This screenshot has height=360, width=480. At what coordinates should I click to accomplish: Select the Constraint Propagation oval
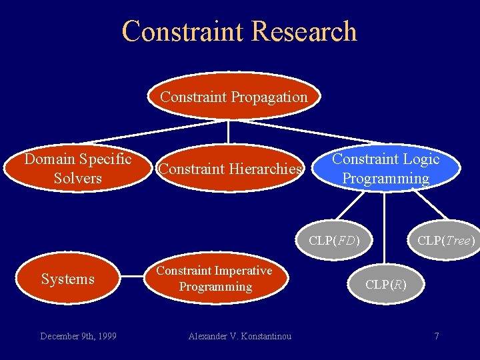tap(233, 97)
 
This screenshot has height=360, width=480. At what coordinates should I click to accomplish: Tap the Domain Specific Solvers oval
tap(78, 169)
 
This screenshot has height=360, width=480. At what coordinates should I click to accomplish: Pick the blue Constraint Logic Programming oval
tap(386, 169)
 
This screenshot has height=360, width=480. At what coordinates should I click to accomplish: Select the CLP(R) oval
tap(385, 285)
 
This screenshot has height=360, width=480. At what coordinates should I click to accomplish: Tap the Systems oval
tap(68, 279)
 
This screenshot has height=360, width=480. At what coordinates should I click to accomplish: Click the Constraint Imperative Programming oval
tap(214, 279)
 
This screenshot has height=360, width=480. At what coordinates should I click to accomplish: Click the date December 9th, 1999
tap(78, 336)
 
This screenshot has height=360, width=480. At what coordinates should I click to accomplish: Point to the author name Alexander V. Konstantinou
tap(239, 336)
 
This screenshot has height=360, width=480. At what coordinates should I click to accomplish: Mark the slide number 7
tap(437, 336)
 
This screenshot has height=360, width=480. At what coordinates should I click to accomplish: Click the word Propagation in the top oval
tap(270, 97)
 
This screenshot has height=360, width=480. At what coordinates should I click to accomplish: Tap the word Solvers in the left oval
tap(78, 178)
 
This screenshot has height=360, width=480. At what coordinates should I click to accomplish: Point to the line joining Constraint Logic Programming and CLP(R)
tap(385, 227)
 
